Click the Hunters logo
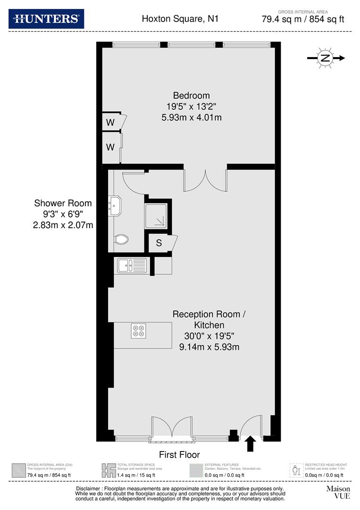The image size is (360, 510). [46, 19]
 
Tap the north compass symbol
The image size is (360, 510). [325, 58]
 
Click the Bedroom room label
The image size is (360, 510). [191, 95]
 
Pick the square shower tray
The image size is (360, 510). [157, 216]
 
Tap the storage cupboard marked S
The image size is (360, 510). [159, 243]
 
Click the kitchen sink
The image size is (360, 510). [132, 265]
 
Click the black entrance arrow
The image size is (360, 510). [251, 444]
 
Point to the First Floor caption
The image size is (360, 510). [179, 455]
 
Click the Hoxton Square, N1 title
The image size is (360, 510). [180, 19]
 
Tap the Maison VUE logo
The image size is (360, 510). [338, 492]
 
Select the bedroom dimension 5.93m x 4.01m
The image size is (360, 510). [191, 117]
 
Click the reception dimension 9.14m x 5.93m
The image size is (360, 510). [209, 347]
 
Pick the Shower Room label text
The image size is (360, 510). [63, 203]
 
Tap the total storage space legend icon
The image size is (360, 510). [108, 470]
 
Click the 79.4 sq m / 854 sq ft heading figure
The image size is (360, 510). [303, 19]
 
